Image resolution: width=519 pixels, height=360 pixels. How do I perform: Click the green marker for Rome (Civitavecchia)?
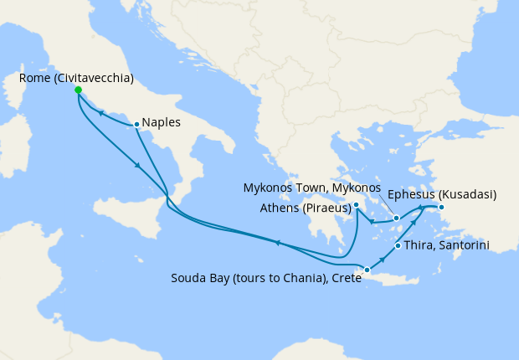click(x=78, y=90)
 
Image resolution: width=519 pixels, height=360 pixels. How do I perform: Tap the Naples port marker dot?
click(x=136, y=125)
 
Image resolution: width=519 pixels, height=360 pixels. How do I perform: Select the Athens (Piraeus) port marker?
click(x=357, y=204)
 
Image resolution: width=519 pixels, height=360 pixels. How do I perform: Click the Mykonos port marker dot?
click(x=397, y=218)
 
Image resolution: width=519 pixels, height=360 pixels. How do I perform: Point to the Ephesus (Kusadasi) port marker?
click(x=442, y=207)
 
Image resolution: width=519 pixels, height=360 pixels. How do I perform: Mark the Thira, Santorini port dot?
click(x=397, y=246)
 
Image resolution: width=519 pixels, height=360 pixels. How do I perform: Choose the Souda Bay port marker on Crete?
click(x=367, y=270)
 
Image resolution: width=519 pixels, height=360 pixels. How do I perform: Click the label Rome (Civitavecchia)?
click(x=76, y=79)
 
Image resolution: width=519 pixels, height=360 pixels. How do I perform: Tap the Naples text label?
click(x=162, y=122)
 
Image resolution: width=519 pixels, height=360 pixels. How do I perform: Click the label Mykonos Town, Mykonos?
click(x=311, y=188)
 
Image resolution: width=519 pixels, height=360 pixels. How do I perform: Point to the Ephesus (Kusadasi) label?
click(x=455, y=194)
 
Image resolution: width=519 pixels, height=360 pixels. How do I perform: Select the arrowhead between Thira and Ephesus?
click(x=411, y=227)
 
